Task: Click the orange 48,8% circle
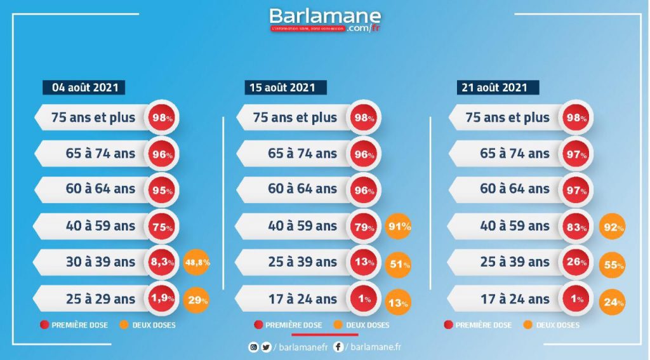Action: coord(197,262)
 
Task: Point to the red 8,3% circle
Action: coord(163,262)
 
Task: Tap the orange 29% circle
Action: coord(197,300)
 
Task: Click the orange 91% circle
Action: coord(399,225)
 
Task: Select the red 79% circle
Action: coord(364,227)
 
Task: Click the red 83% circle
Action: coord(576,227)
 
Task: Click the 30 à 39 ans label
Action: coord(100,262)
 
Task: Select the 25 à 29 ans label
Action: coord(100,299)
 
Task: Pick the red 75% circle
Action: coord(163,227)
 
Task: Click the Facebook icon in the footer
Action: coord(338,347)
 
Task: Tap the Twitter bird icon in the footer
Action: coord(266,347)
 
